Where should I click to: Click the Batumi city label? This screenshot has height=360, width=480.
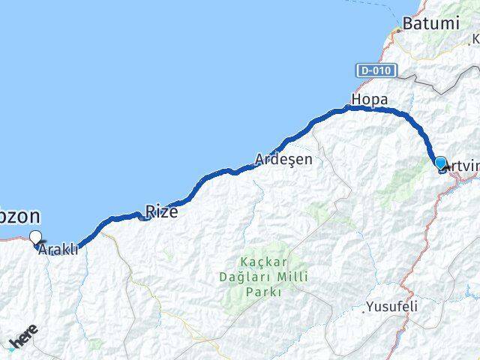coord(430,24)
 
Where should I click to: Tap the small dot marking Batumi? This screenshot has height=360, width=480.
coord(400,31)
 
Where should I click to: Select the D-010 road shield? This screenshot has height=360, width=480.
coord(374,70)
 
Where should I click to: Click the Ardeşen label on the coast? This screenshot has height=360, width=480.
coord(283,160)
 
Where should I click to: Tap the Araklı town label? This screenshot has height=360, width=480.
coord(58,250)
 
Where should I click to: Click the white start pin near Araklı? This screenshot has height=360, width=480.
coord(35,238)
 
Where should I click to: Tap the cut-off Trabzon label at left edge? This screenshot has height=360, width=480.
coord(19,217)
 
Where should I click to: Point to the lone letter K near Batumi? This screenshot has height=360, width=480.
coord(475,39)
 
